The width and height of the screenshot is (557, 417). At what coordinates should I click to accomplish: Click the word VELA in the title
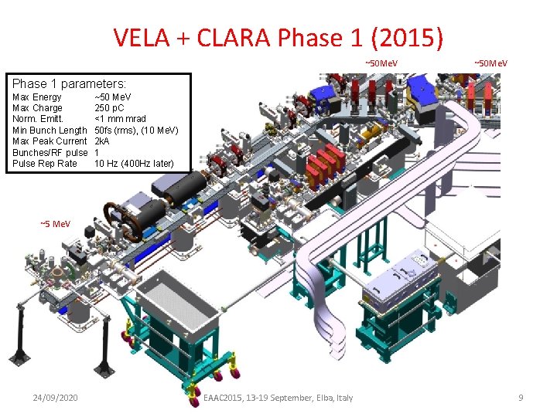click(x=142, y=37)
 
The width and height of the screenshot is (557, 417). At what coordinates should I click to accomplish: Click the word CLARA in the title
click(x=234, y=37)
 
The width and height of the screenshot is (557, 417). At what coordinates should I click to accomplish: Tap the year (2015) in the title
click(x=407, y=38)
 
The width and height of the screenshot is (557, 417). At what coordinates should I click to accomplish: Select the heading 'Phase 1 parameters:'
click(x=70, y=83)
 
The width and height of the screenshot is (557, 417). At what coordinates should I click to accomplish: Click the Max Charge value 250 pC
click(x=109, y=108)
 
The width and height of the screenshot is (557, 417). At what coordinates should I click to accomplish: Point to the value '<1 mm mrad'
click(x=120, y=119)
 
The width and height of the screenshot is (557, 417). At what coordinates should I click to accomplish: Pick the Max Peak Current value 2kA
click(x=101, y=141)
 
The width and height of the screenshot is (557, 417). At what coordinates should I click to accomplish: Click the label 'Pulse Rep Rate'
click(x=45, y=164)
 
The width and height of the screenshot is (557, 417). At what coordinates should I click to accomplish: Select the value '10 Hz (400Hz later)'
click(x=135, y=164)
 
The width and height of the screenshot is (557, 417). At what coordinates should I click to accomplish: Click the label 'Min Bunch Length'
click(x=50, y=131)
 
